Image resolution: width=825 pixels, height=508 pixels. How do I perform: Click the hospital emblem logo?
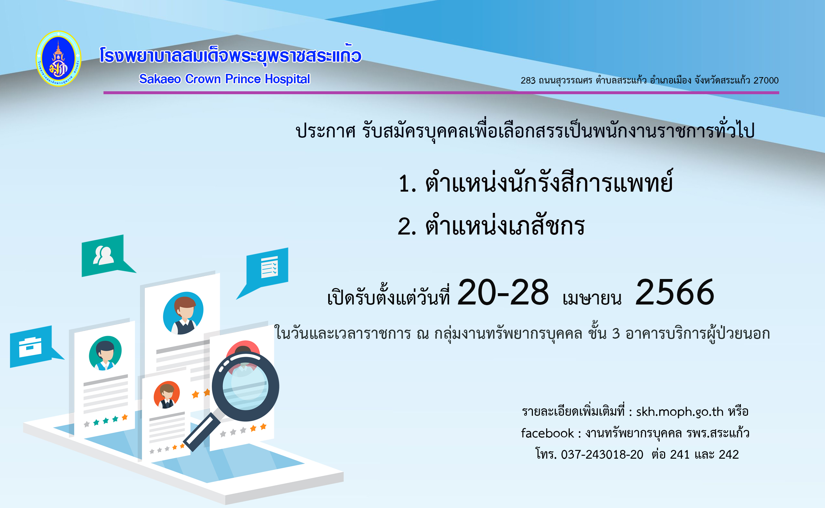click(x=58, y=58)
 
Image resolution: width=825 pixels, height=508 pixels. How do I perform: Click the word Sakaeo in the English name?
click(x=160, y=79)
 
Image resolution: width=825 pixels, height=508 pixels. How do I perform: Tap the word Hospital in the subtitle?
click(x=288, y=79)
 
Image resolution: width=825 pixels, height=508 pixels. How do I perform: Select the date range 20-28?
click(x=503, y=293)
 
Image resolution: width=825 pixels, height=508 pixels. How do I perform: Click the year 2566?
click(x=675, y=293)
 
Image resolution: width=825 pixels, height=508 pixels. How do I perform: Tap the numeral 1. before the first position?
click(x=408, y=184)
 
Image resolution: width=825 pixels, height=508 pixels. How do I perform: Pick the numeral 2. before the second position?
click(x=407, y=226)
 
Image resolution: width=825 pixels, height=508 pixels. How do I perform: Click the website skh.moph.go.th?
click(x=680, y=412)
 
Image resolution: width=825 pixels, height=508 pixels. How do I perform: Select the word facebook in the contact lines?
click(x=547, y=433)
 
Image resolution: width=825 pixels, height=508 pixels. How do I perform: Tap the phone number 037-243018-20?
click(x=602, y=454)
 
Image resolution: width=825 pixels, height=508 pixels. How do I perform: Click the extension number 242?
click(x=729, y=454)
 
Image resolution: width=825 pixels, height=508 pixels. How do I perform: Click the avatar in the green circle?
click(x=105, y=353)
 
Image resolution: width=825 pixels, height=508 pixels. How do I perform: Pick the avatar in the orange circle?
click(x=167, y=395)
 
